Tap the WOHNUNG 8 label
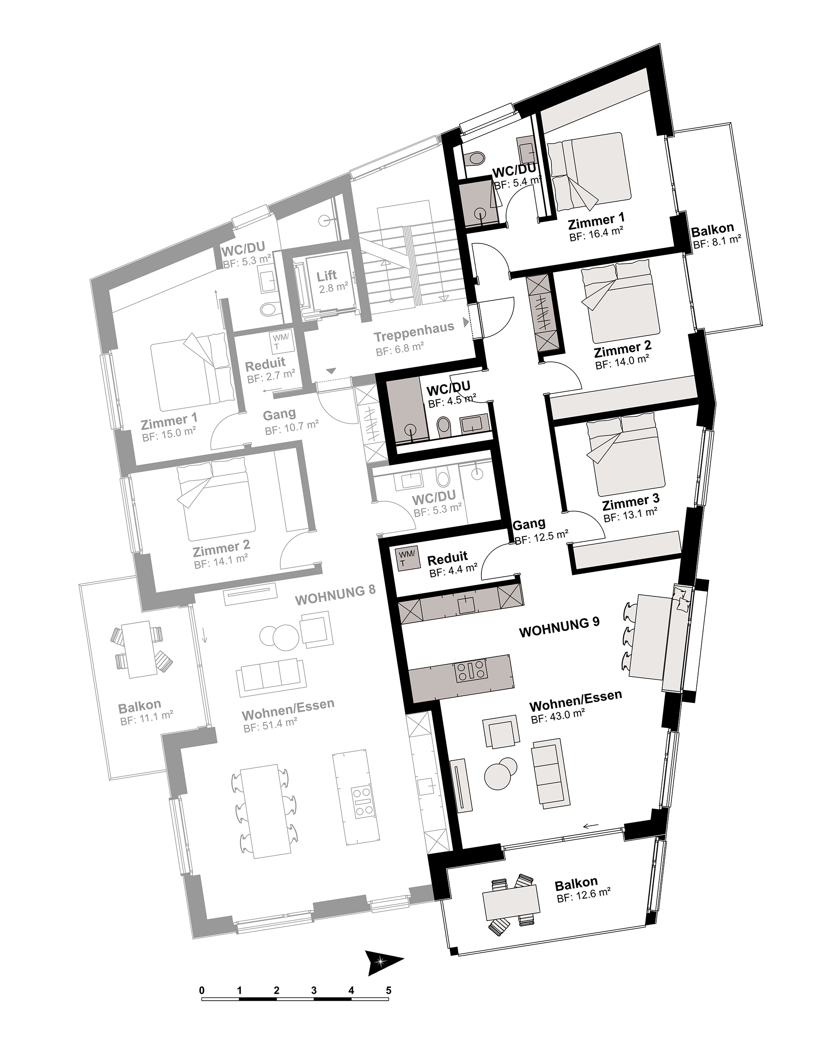pyautogui.click(x=335, y=596)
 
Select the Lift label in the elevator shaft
pyautogui.click(x=327, y=276)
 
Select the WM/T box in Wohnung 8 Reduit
pyautogui.click(x=282, y=342)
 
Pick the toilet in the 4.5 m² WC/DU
pyautogui.click(x=443, y=427)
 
